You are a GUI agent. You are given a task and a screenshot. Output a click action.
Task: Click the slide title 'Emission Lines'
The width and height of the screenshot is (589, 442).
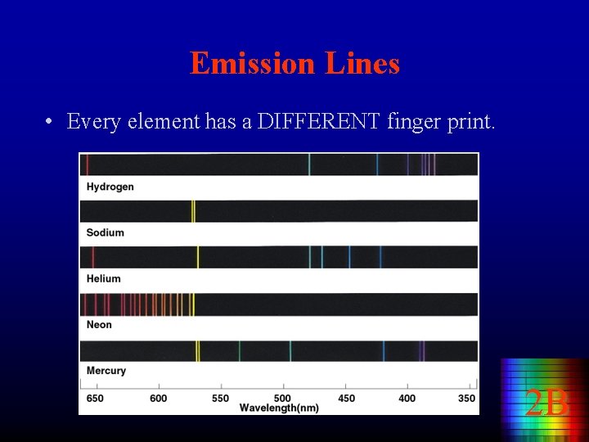tap(294, 63)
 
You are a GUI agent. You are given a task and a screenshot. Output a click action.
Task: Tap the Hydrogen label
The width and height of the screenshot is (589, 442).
tap(110, 187)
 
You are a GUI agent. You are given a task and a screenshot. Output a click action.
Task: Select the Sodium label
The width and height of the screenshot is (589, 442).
tap(105, 232)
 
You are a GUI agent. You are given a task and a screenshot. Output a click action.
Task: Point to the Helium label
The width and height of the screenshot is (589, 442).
tap(103, 278)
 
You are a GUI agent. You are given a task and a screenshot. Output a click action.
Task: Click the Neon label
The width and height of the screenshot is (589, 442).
tap(99, 324)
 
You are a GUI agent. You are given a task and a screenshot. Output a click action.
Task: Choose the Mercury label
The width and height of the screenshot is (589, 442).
tap(106, 371)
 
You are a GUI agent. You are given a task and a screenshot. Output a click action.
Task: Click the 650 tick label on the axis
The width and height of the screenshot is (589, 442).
tap(95, 399)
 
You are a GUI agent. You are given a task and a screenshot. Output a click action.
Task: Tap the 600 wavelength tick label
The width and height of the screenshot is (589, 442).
tap(158, 399)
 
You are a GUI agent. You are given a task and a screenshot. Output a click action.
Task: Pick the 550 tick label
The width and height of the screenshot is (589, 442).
tap(220, 399)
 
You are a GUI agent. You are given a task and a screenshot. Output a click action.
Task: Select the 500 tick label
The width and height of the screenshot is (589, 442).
tap(282, 399)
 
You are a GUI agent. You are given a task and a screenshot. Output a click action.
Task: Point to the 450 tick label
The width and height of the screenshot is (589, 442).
tap(345, 399)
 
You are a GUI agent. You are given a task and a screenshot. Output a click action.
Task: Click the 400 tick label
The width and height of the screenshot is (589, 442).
tap(407, 399)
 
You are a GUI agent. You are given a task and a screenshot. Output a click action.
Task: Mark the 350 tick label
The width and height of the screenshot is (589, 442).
tap(466, 399)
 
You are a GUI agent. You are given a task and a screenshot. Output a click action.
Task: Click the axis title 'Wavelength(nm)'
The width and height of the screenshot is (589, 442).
tap(279, 408)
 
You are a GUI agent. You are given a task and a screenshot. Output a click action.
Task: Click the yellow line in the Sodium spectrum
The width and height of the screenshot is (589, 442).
tap(193, 210)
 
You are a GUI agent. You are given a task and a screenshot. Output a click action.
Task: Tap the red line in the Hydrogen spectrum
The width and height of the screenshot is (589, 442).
tap(88, 164)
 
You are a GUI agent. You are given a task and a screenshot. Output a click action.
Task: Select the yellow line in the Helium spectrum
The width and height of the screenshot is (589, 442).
tap(197, 257)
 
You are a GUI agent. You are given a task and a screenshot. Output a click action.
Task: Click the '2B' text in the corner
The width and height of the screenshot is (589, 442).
tap(546, 403)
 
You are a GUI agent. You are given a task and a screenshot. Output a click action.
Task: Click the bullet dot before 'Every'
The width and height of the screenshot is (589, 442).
tap(50, 123)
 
